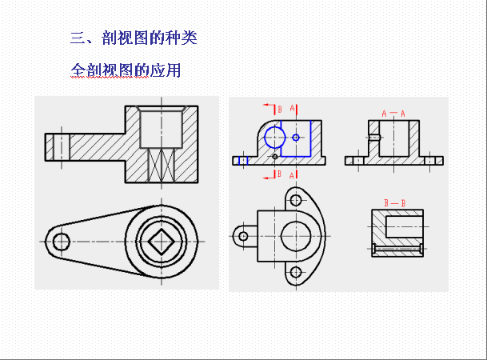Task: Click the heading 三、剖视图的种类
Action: (134, 38)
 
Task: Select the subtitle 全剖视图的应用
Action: (126, 70)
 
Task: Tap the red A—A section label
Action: (393, 114)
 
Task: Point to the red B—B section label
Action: (394, 203)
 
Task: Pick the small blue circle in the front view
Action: (296, 138)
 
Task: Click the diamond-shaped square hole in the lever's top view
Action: (162, 242)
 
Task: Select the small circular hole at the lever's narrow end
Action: (62, 242)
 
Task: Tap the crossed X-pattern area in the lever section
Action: (162, 165)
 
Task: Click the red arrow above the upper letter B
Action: (269, 106)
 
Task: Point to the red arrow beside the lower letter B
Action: (269, 178)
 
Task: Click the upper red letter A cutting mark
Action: (292, 109)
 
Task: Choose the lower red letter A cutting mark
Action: (292, 176)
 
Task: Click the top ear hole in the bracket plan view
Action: (296, 200)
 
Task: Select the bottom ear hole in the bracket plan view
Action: (296, 273)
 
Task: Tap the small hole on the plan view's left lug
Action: (243, 236)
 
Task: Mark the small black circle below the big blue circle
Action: (275, 157)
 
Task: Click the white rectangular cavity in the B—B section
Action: (404, 226)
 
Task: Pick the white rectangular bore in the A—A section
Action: (393, 138)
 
